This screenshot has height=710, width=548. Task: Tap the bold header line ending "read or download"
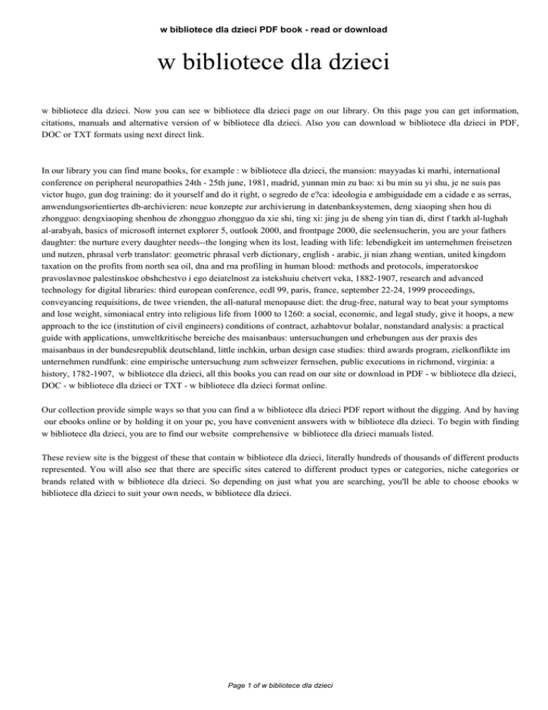pyautogui.click(x=273, y=29)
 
